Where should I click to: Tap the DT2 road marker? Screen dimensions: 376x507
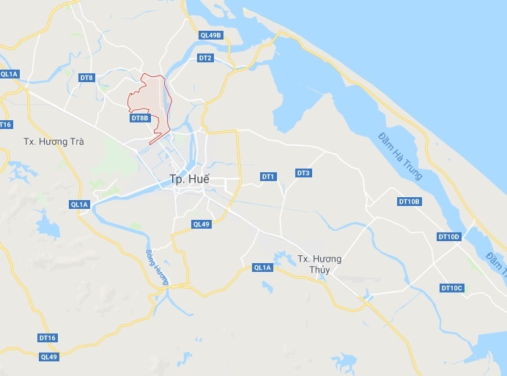click(205, 58)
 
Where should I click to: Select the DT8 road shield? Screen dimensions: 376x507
click(87, 78)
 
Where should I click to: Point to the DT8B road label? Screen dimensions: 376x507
click(140, 118)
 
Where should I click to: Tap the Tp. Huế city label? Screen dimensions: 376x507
click(189, 179)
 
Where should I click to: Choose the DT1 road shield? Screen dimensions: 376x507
click(268, 177)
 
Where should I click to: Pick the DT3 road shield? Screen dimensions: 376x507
click(303, 173)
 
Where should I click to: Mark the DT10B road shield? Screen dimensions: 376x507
click(410, 201)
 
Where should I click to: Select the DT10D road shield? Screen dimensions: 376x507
click(449, 236)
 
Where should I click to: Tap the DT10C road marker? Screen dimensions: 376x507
click(452, 288)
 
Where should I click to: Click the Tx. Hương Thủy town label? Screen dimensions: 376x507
click(320, 264)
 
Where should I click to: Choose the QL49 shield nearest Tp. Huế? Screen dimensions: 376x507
click(201, 224)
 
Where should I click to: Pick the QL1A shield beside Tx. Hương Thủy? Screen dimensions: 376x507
click(262, 268)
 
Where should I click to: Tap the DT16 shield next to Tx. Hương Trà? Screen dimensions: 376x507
click(4, 125)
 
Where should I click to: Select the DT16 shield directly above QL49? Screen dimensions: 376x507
click(48, 338)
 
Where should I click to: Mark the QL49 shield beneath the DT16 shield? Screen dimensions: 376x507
click(48, 357)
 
